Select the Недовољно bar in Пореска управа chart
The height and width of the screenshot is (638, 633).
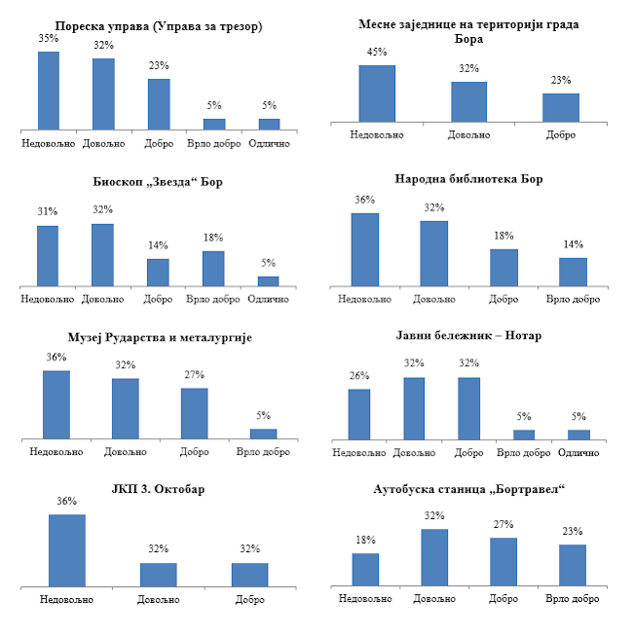[x=49, y=90]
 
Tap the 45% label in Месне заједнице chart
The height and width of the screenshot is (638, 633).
[x=377, y=52]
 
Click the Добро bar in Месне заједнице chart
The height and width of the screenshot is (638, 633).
[x=560, y=108]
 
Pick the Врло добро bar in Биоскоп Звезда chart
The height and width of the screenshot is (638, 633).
[x=213, y=269]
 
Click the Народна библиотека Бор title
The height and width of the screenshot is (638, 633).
[x=467, y=179]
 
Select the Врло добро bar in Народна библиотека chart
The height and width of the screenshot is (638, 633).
[x=573, y=272]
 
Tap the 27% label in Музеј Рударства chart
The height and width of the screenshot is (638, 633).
[x=194, y=374]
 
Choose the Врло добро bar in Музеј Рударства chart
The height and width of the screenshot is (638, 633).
[x=263, y=434]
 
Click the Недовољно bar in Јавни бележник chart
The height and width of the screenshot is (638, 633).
[x=359, y=415]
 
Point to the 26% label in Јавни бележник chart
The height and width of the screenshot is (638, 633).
[x=358, y=376]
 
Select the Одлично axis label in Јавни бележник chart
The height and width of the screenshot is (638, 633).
[x=579, y=452]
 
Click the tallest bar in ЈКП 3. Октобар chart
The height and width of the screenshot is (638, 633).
[x=66, y=550]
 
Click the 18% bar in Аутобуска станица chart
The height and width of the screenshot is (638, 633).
[x=365, y=570]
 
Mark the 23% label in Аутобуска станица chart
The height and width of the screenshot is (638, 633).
[x=573, y=531]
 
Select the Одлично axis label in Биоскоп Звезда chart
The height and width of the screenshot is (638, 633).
[x=269, y=297]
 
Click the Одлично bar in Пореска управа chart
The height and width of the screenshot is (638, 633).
[x=269, y=124]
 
